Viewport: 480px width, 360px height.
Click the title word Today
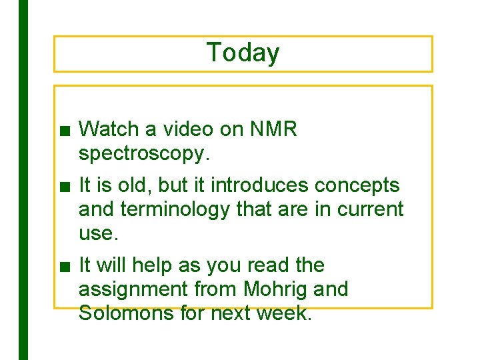[x=243, y=53]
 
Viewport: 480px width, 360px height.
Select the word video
[x=185, y=129]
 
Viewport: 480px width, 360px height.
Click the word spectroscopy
[x=144, y=154]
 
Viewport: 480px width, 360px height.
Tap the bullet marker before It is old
[x=63, y=186]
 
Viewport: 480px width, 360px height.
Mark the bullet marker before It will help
[x=63, y=267]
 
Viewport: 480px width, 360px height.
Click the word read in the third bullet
[x=270, y=265]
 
